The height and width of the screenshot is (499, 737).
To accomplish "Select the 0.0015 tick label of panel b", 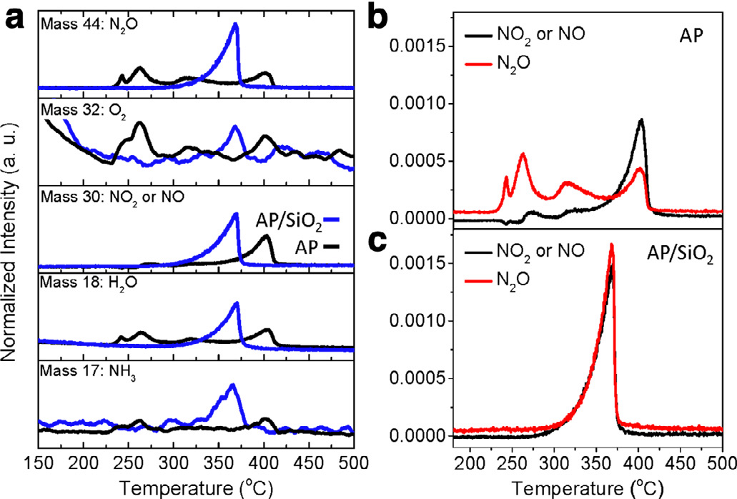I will coord(415,47).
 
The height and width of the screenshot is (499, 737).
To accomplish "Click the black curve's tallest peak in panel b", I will coord(642,120).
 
